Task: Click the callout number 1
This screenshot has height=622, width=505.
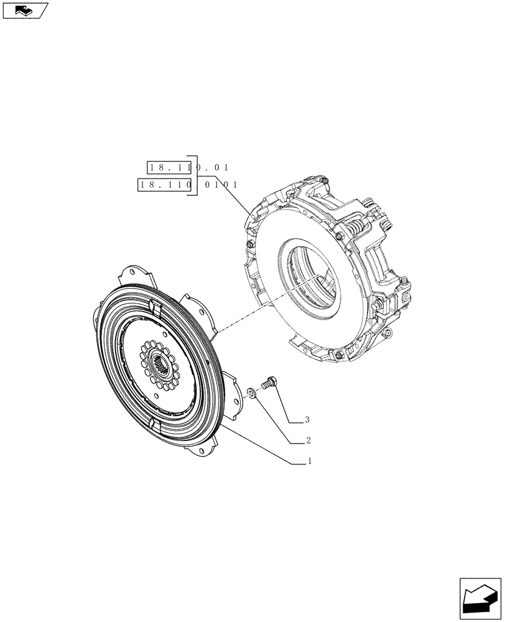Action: click(x=309, y=462)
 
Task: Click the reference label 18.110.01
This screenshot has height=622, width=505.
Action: click(x=188, y=167)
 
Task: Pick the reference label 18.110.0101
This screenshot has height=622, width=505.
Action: click(x=188, y=185)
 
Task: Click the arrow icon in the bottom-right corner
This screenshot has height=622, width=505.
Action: click(x=480, y=598)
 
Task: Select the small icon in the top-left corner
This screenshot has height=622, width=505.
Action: click(x=25, y=10)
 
